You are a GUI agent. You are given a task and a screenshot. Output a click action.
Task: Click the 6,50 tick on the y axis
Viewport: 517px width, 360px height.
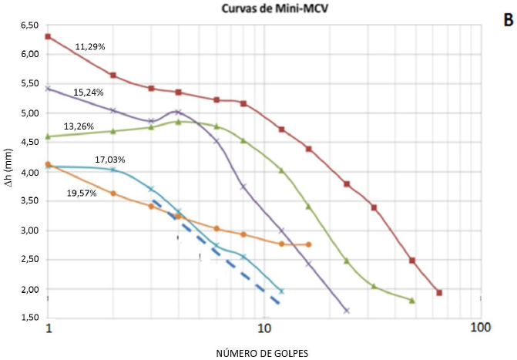point(29,25)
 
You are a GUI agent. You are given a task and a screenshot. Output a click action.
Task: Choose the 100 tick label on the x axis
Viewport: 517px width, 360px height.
point(480,327)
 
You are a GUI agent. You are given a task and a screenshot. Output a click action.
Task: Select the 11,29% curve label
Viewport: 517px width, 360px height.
point(90,47)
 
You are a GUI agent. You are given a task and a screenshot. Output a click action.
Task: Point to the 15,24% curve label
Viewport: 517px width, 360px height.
point(89,92)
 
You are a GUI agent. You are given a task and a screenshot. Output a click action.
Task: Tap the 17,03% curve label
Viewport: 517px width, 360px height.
point(110,160)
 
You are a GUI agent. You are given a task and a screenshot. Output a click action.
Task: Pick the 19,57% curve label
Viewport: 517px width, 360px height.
point(81,193)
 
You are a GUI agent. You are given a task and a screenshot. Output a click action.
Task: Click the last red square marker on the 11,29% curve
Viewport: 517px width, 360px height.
point(439,293)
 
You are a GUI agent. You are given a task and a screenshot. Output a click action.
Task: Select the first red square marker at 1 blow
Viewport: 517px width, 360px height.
point(48,36)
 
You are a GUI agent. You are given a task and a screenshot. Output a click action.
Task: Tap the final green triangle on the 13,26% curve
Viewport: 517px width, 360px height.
point(412,301)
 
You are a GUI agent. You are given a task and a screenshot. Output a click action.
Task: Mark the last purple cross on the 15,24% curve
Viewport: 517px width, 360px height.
point(347,311)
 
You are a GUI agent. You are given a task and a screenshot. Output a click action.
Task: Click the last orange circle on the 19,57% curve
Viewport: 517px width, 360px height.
point(309,244)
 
